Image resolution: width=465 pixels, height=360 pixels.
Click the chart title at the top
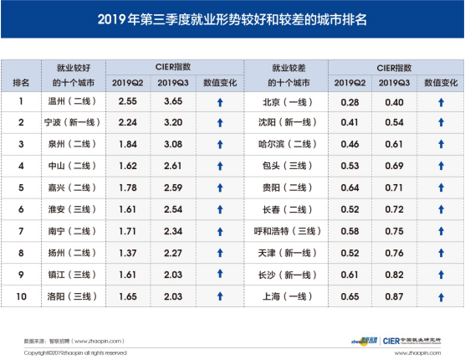(232, 18)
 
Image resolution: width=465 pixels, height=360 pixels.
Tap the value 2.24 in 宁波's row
(127, 123)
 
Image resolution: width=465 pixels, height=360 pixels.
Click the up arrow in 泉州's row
(219, 145)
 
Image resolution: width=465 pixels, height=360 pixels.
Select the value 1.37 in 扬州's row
(127, 254)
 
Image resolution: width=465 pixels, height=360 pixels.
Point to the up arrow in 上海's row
(438, 297)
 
